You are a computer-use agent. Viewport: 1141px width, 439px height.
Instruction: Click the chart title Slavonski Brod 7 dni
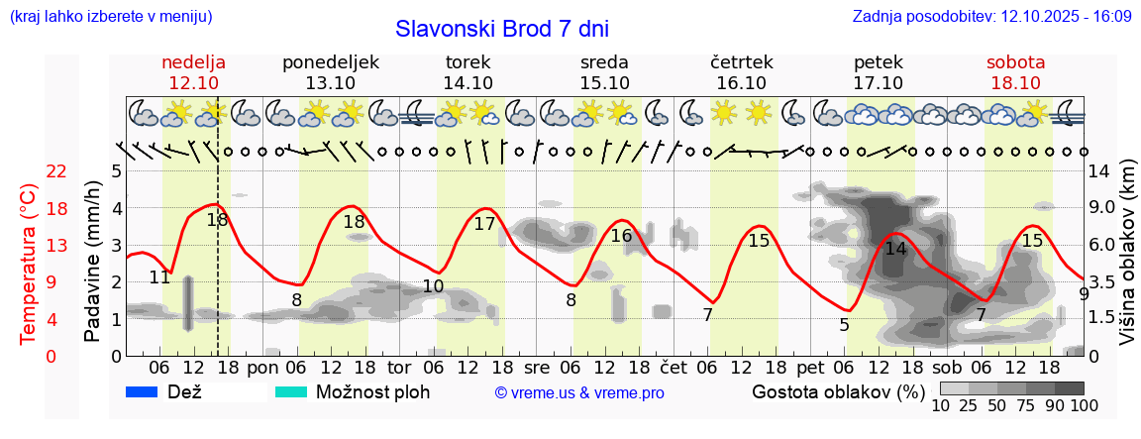point(502,29)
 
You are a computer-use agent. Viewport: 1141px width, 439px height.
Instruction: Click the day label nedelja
point(194,62)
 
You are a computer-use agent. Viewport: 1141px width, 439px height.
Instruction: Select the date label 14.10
point(468,83)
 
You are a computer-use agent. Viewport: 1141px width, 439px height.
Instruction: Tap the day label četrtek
point(742,62)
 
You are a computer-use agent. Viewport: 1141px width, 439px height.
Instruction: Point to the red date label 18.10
point(1015,83)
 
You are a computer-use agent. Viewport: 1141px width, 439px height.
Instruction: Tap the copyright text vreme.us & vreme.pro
point(579,393)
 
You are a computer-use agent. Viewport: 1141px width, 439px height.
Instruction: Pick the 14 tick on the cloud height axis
point(1099,171)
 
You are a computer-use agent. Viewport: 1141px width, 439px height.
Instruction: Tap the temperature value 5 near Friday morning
point(844,324)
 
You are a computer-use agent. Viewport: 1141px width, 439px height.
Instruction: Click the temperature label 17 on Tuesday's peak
point(484,224)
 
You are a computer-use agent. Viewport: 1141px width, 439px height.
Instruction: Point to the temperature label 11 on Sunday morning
point(160,277)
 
